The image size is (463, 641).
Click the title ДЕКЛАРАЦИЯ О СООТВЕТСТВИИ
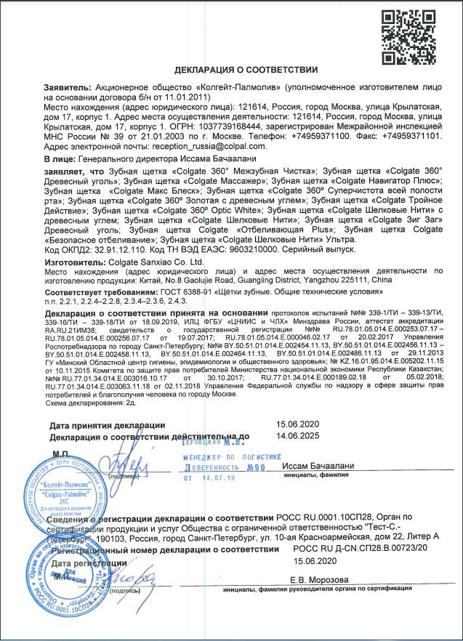click(246, 70)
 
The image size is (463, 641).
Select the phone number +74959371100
click(323, 135)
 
